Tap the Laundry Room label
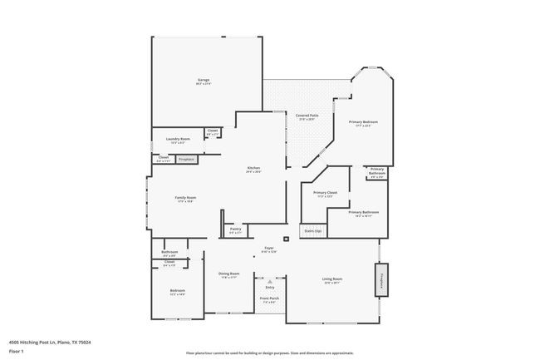point(178,140)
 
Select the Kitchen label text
point(253,169)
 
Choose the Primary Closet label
point(325,194)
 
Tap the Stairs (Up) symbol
point(312,230)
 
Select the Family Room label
point(184,199)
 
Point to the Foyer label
point(268,249)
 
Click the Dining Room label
point(228,275)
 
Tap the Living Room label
point(332,280)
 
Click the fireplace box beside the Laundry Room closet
point(187,158)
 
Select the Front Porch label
point(269,298)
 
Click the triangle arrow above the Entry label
point(269,282)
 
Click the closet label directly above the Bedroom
point(169,264)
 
